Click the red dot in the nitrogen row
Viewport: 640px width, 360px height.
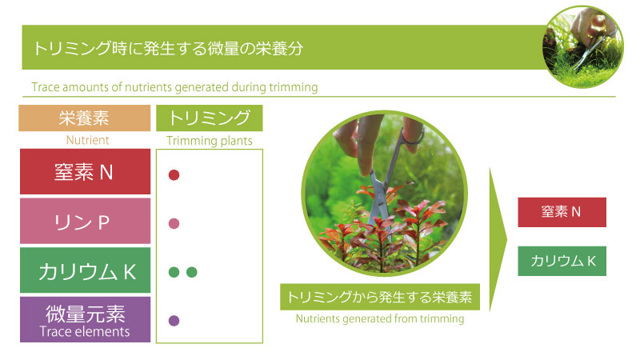tap(174, 175)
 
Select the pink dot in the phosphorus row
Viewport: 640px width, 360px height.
tap(174, 224)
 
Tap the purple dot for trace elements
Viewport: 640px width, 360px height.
tap(174, 321)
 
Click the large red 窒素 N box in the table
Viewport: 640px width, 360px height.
tap(85, 171)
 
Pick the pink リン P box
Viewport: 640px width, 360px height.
tap(85, 221)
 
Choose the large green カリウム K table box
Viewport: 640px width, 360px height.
tap(85, 270)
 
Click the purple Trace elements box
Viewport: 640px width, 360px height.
tap(85, 319)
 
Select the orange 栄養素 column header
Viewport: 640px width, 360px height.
tap(85, 118)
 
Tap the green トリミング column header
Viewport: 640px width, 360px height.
tap(210, 118)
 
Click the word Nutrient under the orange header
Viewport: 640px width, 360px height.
tap(87, 140)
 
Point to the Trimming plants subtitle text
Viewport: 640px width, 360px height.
tap(210, 141)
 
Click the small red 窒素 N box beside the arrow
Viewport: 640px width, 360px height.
tap(562, 212)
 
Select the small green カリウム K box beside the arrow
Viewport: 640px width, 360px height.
tap(562, 262)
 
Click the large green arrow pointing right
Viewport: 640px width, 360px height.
tap(497, 239)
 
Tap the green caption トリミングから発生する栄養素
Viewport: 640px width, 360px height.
tap(379, 297)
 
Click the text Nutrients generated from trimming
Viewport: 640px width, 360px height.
tap(380, 318)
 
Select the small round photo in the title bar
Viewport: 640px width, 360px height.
tap(583, 46)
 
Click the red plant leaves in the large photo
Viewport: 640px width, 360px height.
tap(384, 233)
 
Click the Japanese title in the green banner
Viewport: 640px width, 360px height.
tap(168, 48)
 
